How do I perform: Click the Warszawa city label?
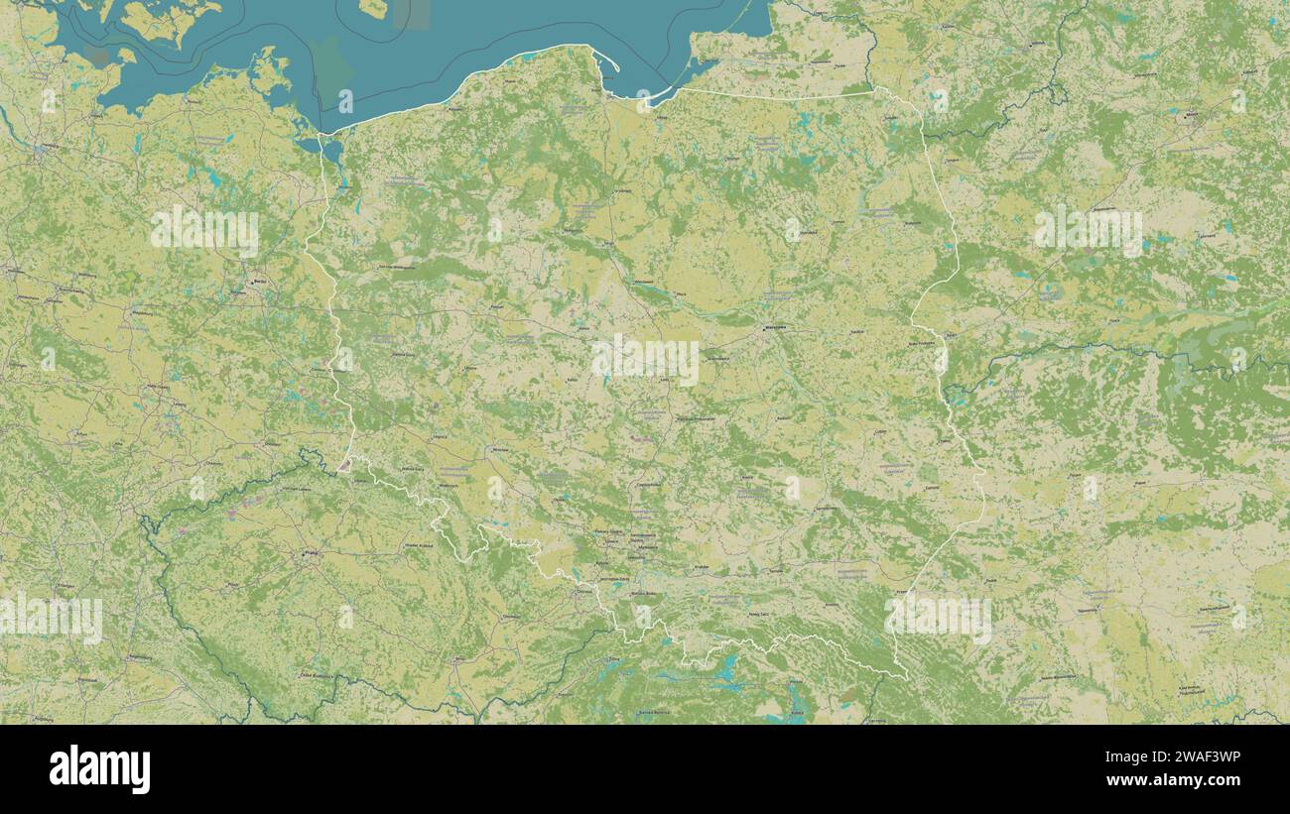pyautogui.click(x=774, y=326)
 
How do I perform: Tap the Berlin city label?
pyautogui.click(x=260, y=282)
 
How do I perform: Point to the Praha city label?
pyautogui.click(x=311, y=554)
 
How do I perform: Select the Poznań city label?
pyautogui.click(x=496, y=307)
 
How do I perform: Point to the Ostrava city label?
pyautogui.click(x=581, y=593)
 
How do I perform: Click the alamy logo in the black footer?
pyautogui.click(x=99, y=769)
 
